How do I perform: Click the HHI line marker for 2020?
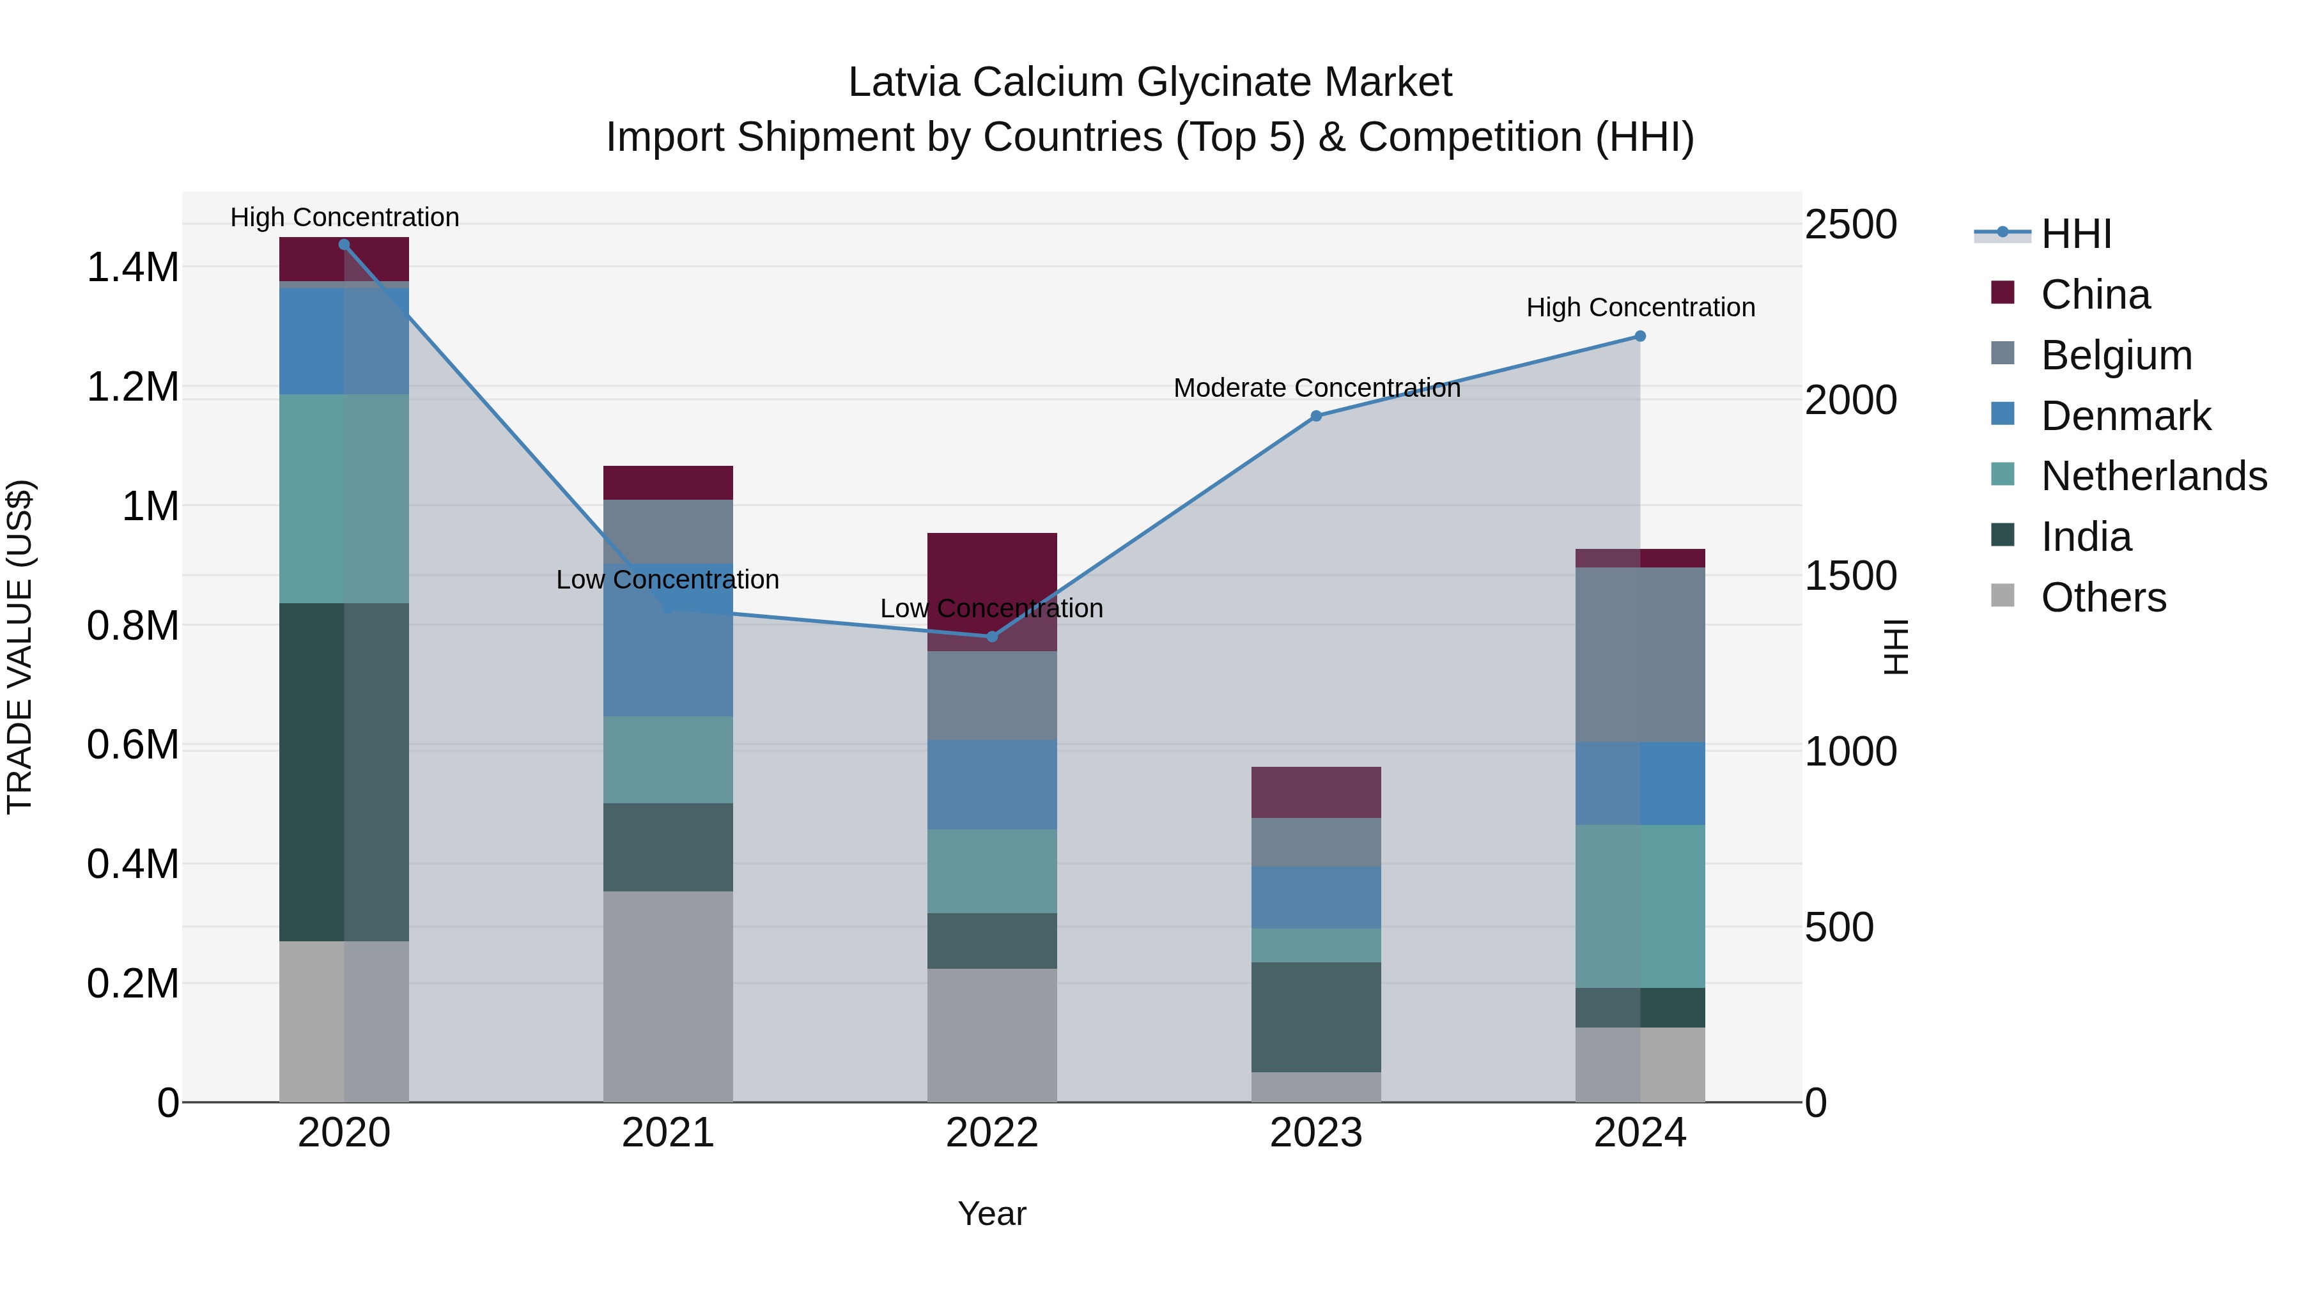(344, 245)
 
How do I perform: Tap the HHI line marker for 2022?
(991, 636)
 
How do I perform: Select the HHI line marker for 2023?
(1316, 416)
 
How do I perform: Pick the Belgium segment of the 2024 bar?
(1640, 654)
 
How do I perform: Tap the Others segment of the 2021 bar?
(668, 996)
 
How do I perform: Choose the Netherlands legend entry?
(2153, 476)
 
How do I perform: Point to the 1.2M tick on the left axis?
(132, 387)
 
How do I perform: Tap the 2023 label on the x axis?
(1316, 1133)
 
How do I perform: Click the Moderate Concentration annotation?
(1317, 389)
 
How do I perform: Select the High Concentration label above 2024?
(1640, 307)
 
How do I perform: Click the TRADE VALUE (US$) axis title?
(20, 647)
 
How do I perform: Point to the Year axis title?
(991, 1213)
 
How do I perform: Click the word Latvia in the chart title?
(904, 82)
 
